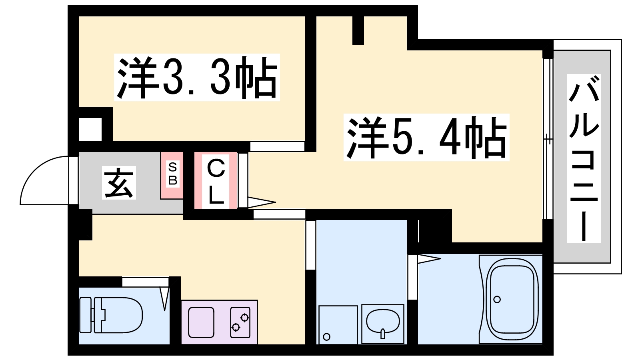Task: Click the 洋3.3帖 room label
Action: (x=197, y=77)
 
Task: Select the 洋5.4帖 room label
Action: (x=426, y=138)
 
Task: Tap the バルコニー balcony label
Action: (x=584, y=158)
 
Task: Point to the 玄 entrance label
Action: (x=119, y=182)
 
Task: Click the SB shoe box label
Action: (x=172, y=174)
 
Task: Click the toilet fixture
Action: (x=111, y=315)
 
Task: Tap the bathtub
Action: (x=511, y=299)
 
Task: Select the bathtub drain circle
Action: (x=497, y=300)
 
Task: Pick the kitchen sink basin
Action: (x=201, y=322)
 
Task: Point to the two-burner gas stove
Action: (x=240, y=322)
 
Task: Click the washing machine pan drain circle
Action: (x=326, y=337)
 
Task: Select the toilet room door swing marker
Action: (x=164, y=299)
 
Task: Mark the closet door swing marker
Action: (x=262, y=202)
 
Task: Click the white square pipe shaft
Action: (x=90, y=129)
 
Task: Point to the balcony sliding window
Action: (x=548, y=139)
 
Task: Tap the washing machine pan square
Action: (x=338, y=324)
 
